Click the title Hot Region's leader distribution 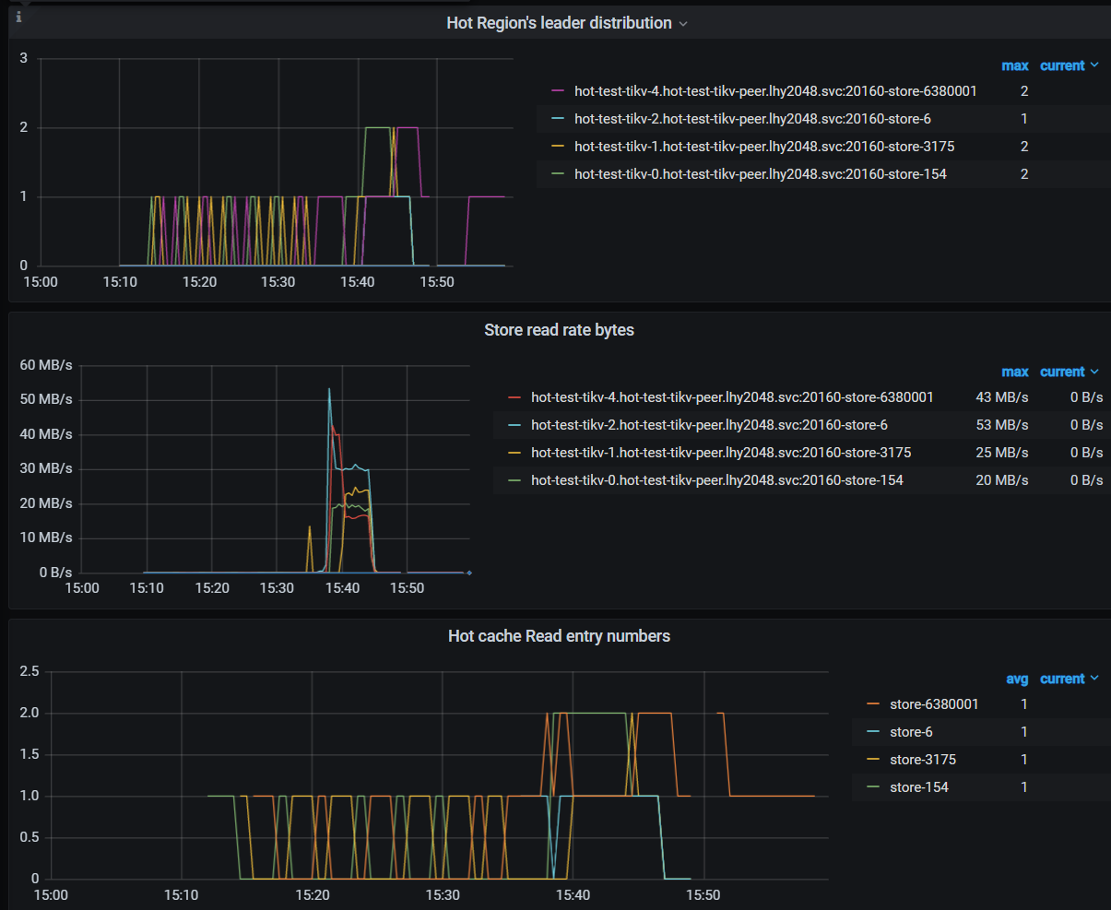tap(559, 23)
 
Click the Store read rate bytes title tap(559, 330)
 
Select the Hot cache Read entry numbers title tap(559, 636)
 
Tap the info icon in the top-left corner tap(19, 17)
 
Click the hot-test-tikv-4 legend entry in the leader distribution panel tap(774, 91)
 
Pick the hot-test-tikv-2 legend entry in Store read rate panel tap(709, 425)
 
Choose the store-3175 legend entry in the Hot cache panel tap(922, 760)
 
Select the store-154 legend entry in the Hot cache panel tap(918, 787)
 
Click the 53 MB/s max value tap(1001, 425)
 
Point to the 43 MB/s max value tap(1001, 397)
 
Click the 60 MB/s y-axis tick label tap(46, 365)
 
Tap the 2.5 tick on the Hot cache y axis tap(30, 671)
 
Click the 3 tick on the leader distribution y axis tap(24, 59)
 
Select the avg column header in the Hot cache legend tap(1017, 679)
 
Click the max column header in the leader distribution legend tap(1015, 65)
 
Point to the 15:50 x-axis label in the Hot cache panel tap(704, 894)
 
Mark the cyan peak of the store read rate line tap(329, 390)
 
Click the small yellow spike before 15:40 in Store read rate tap(309, 527)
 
